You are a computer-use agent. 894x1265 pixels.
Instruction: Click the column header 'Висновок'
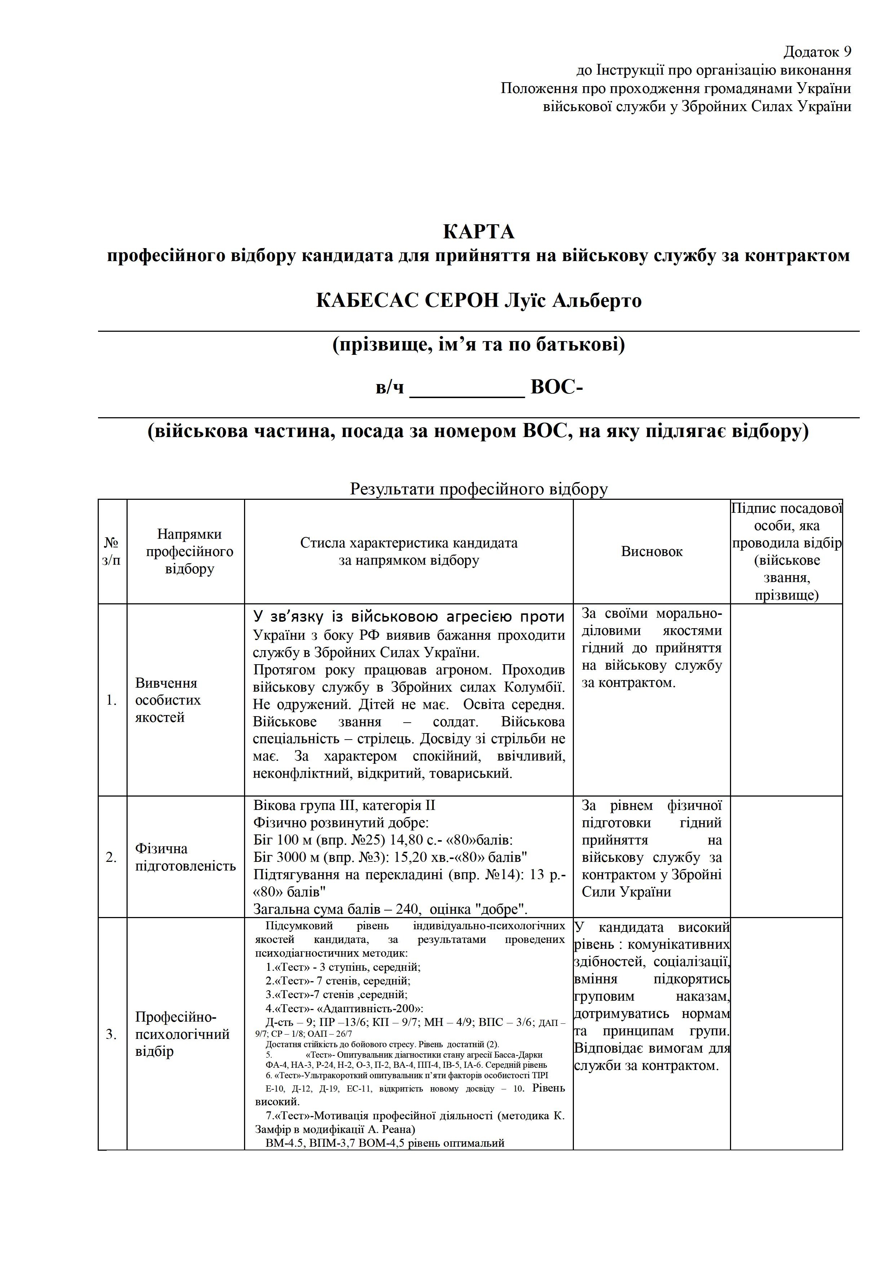pyautogui.click(x=652, y=551)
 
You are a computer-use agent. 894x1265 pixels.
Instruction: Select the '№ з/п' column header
pyautogui.click(x=112, y=551)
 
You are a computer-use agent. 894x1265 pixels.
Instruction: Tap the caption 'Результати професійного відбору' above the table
pyautogui.click(x=479, y=489)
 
